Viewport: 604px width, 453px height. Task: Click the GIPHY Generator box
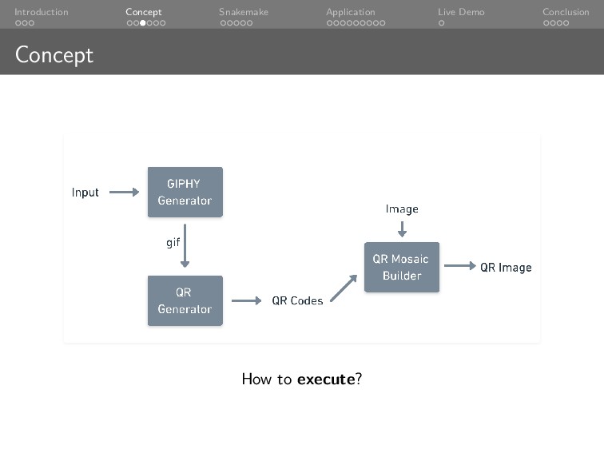(x=185, y=192)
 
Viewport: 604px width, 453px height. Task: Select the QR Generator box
(x=185, y=300)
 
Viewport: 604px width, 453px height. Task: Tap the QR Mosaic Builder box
(x=401, y=267)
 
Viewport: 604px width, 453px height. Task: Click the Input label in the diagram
(x=85, y=193)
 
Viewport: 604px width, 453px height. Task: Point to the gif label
(x=173, y=243)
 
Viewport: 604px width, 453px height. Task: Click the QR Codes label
(x=297, y=301)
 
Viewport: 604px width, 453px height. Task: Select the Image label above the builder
(x=402, y=209)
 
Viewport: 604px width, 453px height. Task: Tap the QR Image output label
(x=505, y=268)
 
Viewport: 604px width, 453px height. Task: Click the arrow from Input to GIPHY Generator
(x=124, y=192)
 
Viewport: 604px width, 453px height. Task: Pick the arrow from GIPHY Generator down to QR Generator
(x=185, y=246)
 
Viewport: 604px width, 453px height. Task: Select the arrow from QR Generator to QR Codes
(x=246, y=300)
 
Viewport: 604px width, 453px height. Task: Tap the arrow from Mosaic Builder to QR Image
(x=459, y=266)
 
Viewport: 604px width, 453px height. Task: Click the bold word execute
(x=325, y=379)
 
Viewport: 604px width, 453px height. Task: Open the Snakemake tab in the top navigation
(x=244, y=12)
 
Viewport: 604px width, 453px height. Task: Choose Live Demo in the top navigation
(x=461, y=12)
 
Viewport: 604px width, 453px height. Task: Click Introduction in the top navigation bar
(x=41, y=12)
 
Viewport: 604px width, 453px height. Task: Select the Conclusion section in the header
(x=566, y=12)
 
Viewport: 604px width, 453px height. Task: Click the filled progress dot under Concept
(x=143, y=23)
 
